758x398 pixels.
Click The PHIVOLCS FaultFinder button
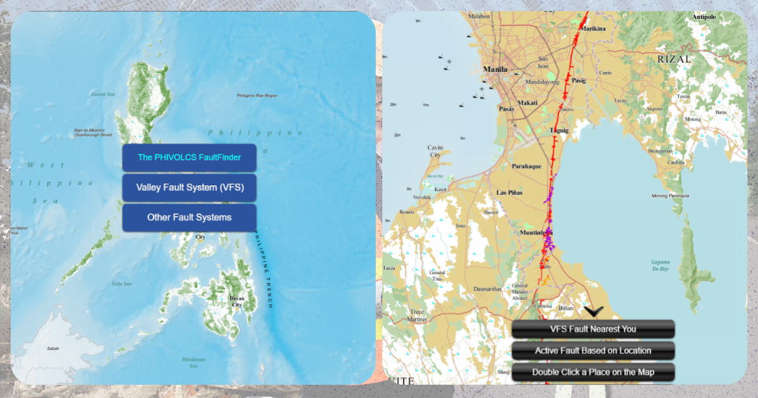click(189, 157)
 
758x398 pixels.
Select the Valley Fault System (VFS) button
click(189, 188)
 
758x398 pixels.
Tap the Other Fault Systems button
click(189, 217)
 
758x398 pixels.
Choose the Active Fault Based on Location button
click(593, 351)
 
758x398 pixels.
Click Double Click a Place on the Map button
click(593, 372)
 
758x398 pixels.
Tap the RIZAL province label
click(674, 59)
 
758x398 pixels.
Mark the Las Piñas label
click(510, 192)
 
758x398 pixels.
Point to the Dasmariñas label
click(487, 289)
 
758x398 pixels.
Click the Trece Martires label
click(418, 315)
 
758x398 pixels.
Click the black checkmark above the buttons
click(594, 311)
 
